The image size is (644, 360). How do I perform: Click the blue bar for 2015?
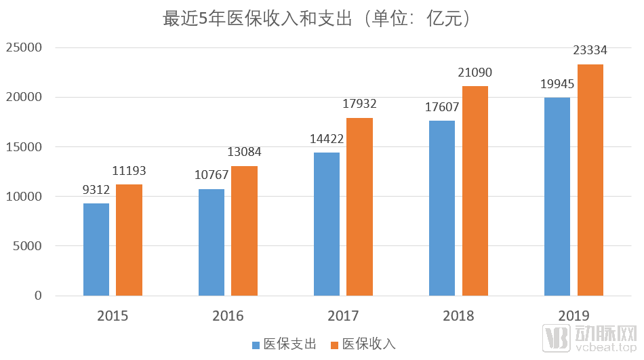coord(96,249)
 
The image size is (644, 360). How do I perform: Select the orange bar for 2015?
coord(129,240)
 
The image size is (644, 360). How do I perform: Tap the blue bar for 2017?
coord(327,224)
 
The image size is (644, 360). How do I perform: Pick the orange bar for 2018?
coord(475,191)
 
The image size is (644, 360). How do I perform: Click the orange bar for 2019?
coord(590,180)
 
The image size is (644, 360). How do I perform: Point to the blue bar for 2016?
coord(212,242)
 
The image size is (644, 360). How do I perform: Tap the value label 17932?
coord(359,104)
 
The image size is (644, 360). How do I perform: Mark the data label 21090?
coord(475,72)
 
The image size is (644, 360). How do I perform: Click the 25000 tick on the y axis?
coord(24,48)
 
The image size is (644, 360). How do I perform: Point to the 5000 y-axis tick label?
coord(27,246)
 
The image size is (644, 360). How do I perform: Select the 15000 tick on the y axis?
coord(24,147)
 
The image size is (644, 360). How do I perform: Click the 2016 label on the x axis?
coord(228,316)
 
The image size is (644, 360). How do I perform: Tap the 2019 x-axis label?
coord(573,316)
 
